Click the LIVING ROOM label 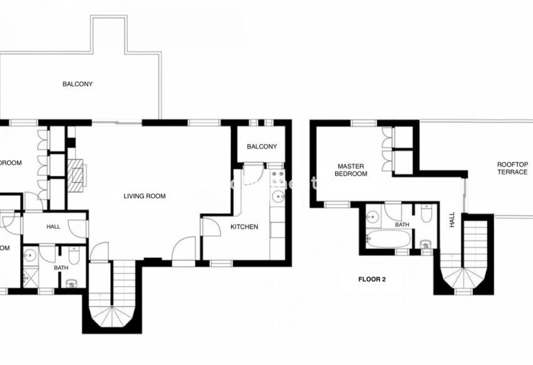145,196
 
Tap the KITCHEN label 244,227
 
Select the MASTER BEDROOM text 350,170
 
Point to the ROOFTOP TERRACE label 512,168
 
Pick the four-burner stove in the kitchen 278,177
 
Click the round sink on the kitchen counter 277,198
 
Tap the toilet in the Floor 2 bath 426,214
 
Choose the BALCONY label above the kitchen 261,147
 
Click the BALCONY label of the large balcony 77,84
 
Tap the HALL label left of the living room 53,226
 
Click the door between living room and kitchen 211,226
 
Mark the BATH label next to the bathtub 402,225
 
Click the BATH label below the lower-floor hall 61,268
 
